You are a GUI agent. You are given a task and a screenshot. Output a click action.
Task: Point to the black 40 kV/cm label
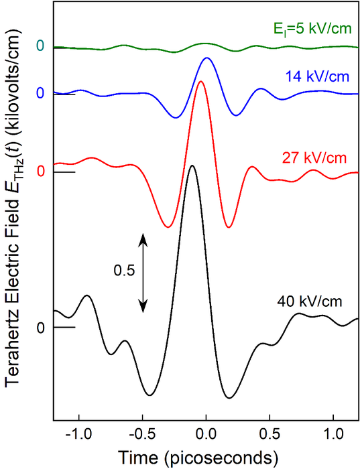tap(310, 301)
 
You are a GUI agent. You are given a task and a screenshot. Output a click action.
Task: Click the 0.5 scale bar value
tap(125, 271)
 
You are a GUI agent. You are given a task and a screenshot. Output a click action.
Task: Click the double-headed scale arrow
tap(143, 272)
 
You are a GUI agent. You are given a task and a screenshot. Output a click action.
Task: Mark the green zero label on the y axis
tap(40, 46)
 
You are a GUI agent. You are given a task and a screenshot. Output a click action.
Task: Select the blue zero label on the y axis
tap(40, 92)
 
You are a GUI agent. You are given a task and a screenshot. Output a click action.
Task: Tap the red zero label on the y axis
tap(40, 172)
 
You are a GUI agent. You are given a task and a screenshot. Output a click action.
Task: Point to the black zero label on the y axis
tap(40, 328)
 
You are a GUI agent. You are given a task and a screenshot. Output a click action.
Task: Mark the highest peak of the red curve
tap(200, 82)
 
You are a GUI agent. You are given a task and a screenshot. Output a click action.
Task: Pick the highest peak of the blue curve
tap(206, 58)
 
